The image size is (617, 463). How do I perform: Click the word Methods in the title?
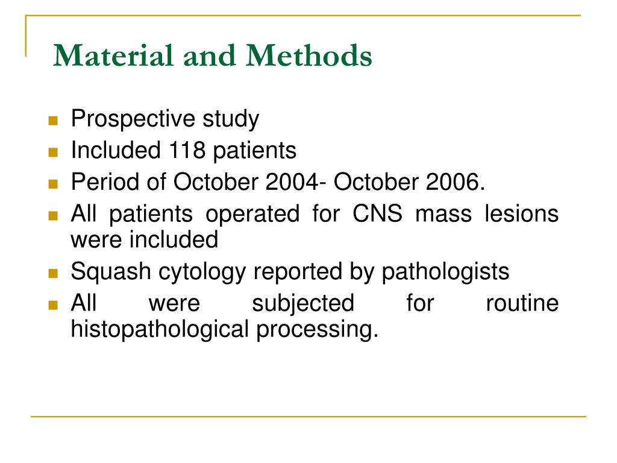tap(308, 56)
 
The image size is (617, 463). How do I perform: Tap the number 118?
tap(186, 151)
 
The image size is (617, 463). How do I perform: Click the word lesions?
tap(522, 214)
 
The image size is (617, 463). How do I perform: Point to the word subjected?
tap(303, 303)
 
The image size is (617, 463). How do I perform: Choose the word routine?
tap(522, 303)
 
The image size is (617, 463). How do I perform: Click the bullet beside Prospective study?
tap(52, 121)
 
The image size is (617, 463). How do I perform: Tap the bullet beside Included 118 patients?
tap(52, 152)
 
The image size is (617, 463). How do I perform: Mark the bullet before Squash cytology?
tap(52, 273)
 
